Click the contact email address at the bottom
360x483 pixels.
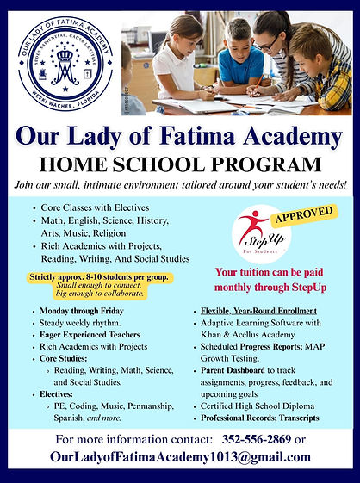click(180, 456)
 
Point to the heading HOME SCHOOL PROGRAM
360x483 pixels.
click(180, 165)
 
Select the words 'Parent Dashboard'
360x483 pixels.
click(234, 372)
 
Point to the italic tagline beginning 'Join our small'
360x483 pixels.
click(180, 185)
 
